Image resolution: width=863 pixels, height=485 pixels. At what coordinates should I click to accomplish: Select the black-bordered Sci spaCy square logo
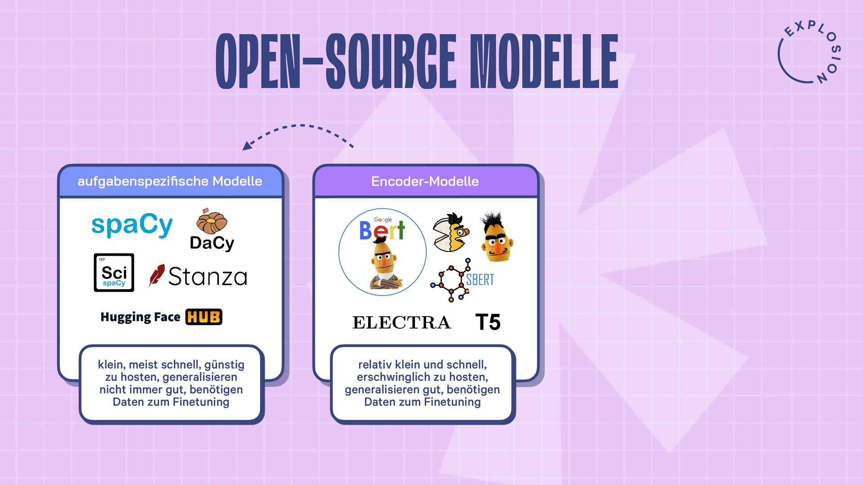[114, 273]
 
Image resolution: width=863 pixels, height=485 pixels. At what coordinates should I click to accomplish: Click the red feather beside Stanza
[156, 275]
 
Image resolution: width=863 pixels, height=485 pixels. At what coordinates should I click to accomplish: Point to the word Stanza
[208, 277]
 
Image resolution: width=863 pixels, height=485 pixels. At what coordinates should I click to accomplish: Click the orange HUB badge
[204, 317]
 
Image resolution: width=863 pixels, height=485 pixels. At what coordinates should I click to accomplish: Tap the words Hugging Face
[140, 317]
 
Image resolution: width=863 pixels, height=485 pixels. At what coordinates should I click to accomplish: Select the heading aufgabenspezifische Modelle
[169, 181]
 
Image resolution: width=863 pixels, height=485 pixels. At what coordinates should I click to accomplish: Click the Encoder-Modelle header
[425, 181]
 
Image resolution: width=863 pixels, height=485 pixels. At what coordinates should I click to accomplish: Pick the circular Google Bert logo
[383, 251]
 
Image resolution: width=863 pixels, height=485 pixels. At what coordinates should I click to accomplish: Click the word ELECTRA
[401, 322]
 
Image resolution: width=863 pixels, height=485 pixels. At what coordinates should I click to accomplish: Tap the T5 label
[488, 322]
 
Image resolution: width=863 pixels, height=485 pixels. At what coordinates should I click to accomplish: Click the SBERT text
[480, 280]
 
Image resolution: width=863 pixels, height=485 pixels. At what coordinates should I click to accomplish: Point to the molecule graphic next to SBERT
[450, 280]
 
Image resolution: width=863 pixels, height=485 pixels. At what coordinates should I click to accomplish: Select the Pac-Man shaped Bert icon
[451, 233]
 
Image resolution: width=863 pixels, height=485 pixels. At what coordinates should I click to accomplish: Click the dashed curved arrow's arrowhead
[247, 146]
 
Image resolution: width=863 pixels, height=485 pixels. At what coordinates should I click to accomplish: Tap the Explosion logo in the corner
[809, 53]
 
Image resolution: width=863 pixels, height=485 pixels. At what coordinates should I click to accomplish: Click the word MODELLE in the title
[544, 62]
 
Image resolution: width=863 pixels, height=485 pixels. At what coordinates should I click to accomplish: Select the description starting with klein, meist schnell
[171, 383]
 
